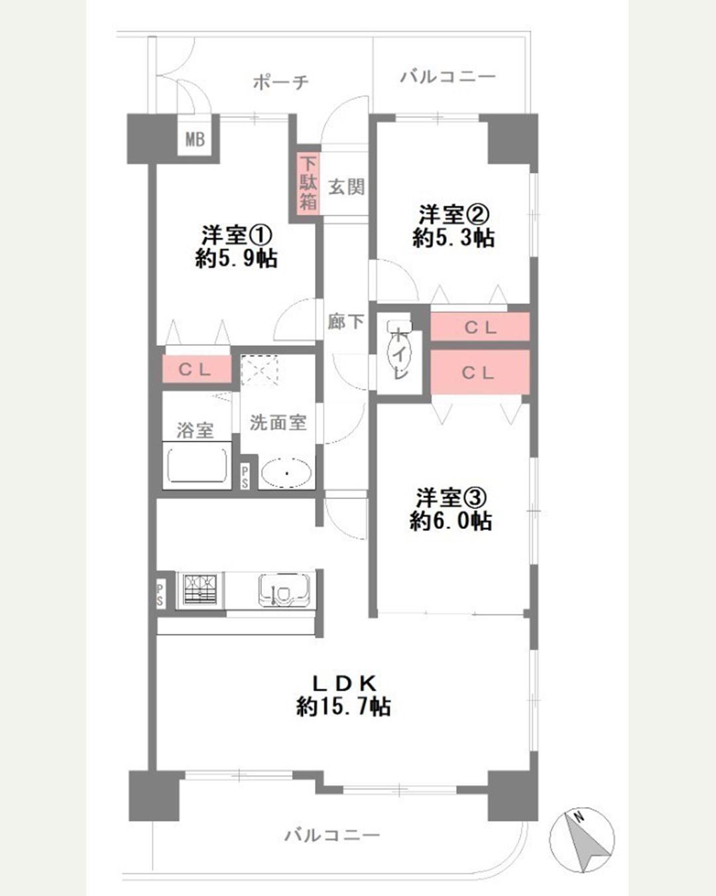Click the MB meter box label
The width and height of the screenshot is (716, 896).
click(195, 139)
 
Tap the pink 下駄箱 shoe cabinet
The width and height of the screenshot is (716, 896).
click(308, 183)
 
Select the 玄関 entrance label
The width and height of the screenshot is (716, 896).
click(347, 187)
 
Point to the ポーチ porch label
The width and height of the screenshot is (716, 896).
click(281, 82)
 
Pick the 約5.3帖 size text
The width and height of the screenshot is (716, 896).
click(453, 238)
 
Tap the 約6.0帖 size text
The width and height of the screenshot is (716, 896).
click(451, 520)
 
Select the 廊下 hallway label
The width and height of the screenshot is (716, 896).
click(345, 321)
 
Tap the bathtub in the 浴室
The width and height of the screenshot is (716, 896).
click(197, 465)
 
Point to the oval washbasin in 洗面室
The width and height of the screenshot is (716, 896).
click(287, 473)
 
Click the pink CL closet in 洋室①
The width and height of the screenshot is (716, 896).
click(196, 369)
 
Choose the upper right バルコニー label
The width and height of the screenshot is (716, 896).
click(448, 76)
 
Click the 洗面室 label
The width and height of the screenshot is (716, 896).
click(278, 423)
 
